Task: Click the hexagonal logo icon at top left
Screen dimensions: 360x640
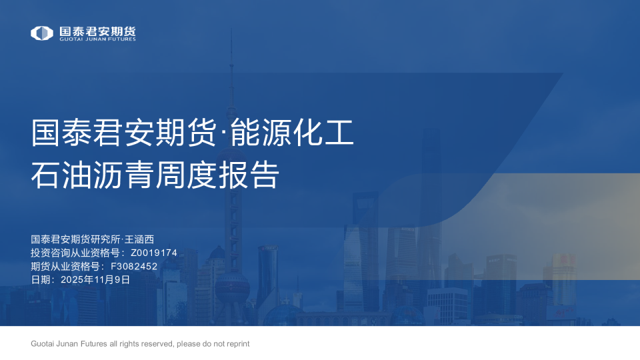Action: pyautogui.click(x=42, y=33)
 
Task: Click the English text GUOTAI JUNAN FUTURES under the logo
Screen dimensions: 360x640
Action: pyautogui.click(x=97, y=39)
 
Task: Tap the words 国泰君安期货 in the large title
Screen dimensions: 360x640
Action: pyautogui.click(x=125, y=133)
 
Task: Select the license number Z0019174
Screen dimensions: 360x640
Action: pyautogui.click(x=153, y=253)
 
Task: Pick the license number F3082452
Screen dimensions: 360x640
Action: pyautogui.click(x=134, y=267)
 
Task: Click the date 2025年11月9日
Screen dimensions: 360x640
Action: pyautogui.click(x=95, y=280)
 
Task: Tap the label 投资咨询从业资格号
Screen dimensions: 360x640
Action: pyautogui.click(x=75, y=253)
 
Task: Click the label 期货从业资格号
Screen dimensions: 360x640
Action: pyautogui.click(x=65, y=267)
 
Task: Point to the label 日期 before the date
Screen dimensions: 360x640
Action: pyautogui.click(x=41, y=280)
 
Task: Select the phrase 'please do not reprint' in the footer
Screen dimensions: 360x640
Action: pyautogui.click(x=213, y=344)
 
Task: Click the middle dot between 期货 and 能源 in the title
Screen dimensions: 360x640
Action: pyautogui.click(x=224, y=133)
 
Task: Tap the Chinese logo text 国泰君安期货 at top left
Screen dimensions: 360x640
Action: pyautogui.click(x=97, y=31)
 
